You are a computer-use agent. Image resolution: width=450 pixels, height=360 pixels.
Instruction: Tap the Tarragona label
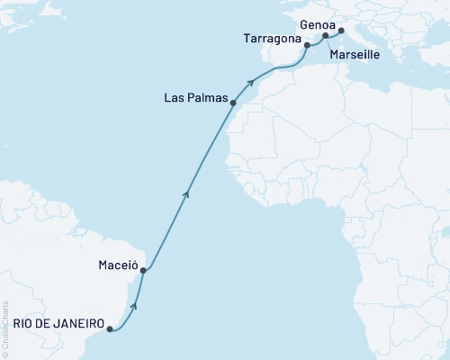(272, 39)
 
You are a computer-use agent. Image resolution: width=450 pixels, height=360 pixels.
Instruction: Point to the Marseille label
(355, 55)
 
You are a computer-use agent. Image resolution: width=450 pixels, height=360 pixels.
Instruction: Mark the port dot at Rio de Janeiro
(110, 329)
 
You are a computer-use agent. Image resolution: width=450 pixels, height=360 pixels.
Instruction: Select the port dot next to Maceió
(143, 270)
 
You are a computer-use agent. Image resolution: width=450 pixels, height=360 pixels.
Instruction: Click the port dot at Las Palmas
(233, 103)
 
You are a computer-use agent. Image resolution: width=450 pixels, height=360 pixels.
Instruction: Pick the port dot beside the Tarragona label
(307, 45)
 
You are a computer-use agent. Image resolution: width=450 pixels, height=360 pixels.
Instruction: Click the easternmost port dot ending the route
(341, 31)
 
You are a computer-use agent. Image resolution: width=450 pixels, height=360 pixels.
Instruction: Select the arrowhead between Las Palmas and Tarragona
(252, 82)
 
